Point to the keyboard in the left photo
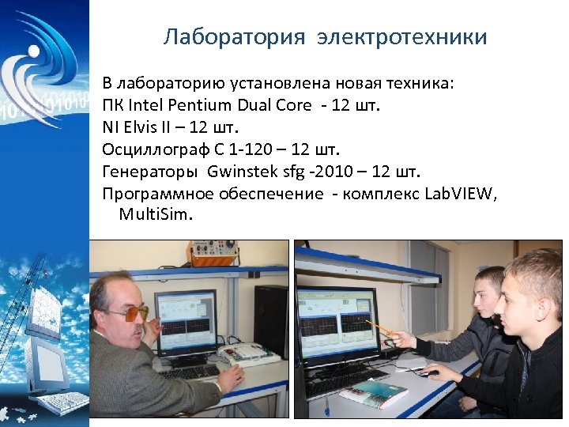tap(190, 372)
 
